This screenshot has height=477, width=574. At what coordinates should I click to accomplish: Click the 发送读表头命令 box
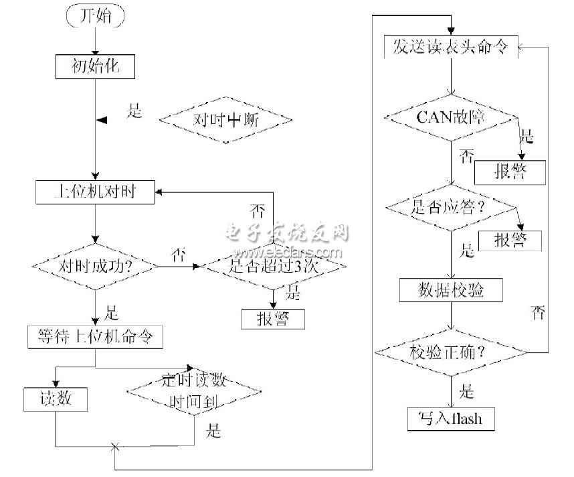click(x=452, y=48)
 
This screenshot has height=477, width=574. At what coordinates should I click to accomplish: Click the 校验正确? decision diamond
click(x=452, y=352)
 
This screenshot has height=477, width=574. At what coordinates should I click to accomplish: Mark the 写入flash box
click(x=452, y=418)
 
